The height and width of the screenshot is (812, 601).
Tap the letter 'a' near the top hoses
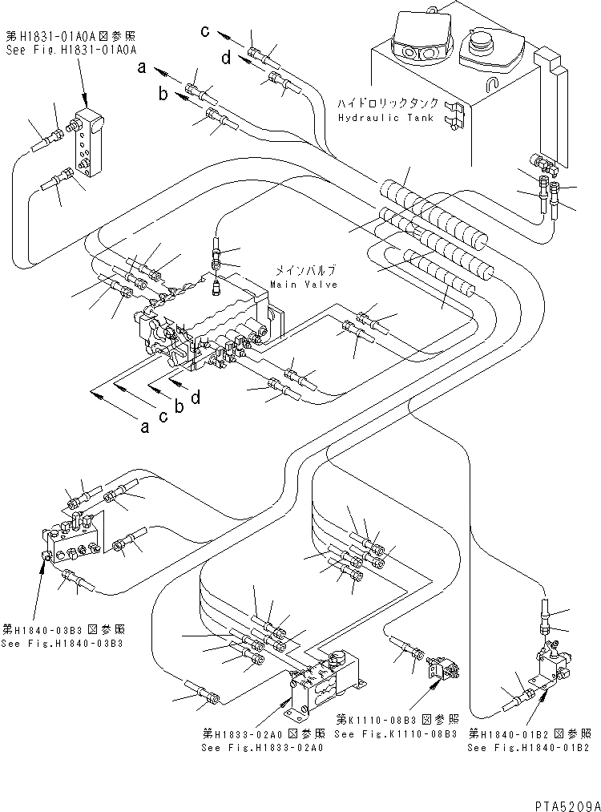(141, 69)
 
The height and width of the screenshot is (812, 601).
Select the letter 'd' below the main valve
(195, 396)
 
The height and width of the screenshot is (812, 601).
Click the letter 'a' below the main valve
(144, 426)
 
